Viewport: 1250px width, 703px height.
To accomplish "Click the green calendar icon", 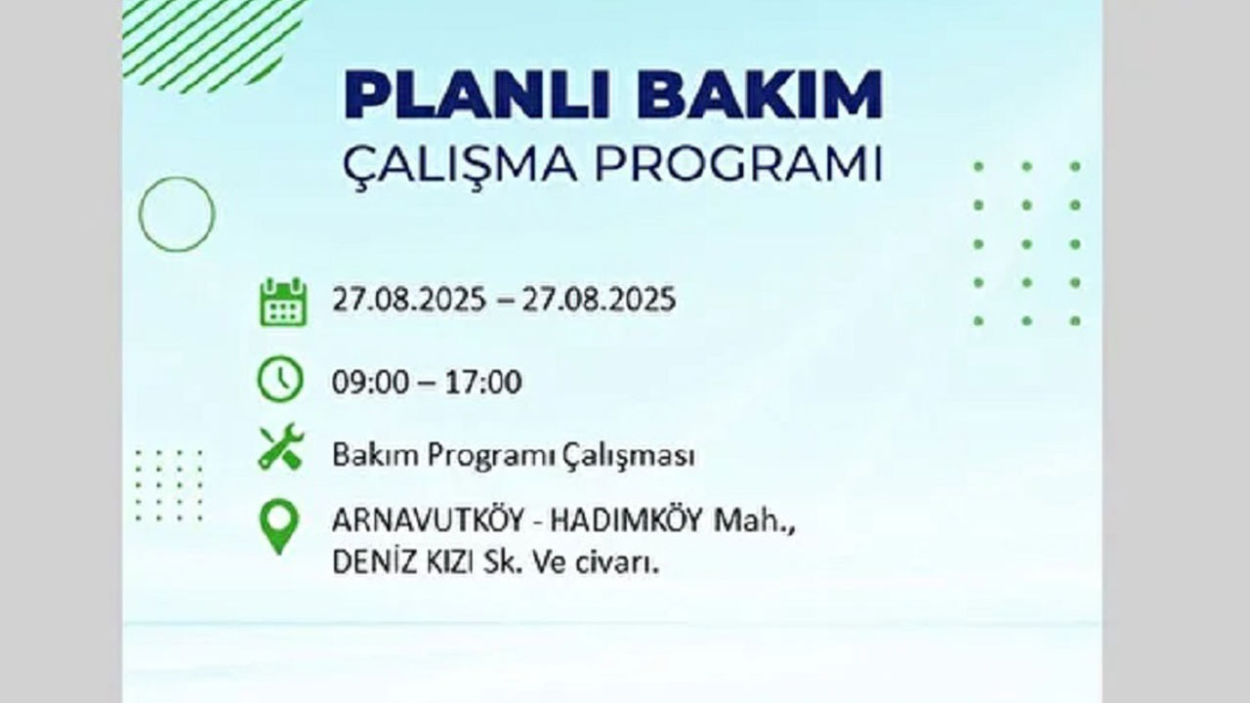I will pos(283,302).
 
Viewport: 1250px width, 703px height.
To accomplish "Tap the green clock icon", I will pos(280,380).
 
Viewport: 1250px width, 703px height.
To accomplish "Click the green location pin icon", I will pos(278,527).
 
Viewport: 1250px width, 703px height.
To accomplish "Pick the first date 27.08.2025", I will pos(408,300).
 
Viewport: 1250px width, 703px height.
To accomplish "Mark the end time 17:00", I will pos(481,382).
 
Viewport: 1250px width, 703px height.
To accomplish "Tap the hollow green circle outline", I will pos(176,214).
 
